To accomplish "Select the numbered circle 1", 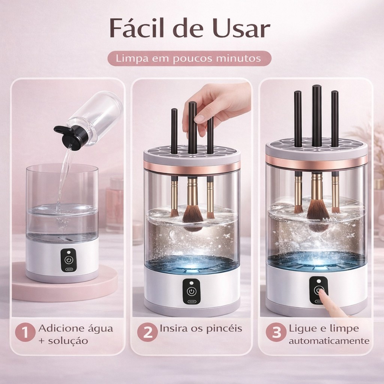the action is tap(25, 333).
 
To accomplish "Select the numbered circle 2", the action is tap(147, 333).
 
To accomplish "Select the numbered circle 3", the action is tap(276, 333).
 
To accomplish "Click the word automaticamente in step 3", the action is tap(329, 341).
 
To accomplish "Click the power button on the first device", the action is tap(68, 260).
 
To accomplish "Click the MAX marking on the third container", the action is tap(330, 220).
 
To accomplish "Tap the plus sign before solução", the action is tap(42, 341).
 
